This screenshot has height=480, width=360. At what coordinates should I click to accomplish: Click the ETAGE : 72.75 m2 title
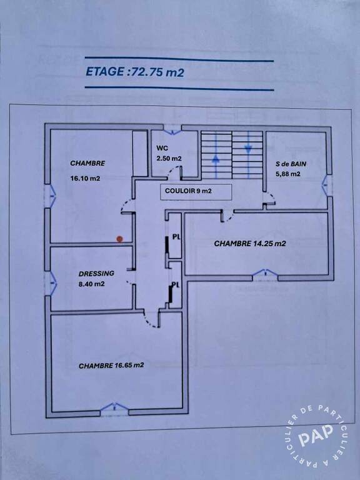[135, 72]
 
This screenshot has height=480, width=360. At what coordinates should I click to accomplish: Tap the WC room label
[162, 149]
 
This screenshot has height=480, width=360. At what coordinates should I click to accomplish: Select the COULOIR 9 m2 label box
[196, 192]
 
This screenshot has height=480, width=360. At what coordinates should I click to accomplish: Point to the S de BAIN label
[291, 164]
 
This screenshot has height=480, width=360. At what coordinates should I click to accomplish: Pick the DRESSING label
[96, 273]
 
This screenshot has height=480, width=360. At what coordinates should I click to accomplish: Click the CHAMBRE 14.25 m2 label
[250, 244]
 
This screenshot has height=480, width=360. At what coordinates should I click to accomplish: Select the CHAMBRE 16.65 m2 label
[111, 366]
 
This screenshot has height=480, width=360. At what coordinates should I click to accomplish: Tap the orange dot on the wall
[120, 239]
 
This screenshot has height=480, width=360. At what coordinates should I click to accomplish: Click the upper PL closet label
[176, 236]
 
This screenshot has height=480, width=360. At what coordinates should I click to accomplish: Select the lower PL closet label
[176, 285]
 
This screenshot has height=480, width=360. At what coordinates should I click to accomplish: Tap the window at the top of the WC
[172, 129]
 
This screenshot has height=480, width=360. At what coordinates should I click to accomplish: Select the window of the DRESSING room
[51, 284]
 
